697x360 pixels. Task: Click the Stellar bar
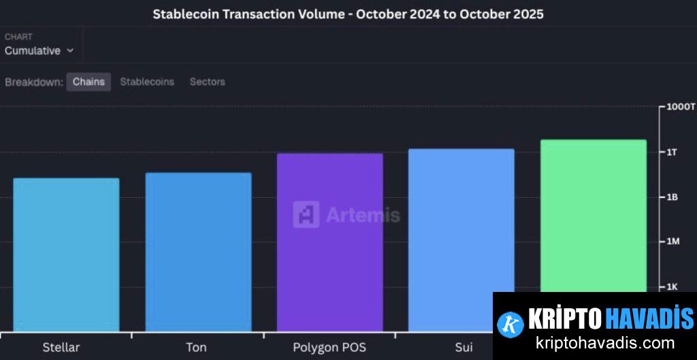click(66, 255)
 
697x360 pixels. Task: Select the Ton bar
click(198, 252)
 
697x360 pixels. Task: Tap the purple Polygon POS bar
click(329, 242)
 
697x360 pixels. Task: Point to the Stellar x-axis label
click(61, 347)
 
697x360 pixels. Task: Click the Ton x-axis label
click(196, 347)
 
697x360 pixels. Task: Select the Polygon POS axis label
click(329, 347)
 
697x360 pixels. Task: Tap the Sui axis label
click(464, 347)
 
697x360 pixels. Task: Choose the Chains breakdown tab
click(88, 82)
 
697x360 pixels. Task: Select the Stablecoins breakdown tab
click(147, 82)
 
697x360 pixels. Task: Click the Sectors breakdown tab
click(207, 82)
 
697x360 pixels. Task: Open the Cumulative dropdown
click(39, 50)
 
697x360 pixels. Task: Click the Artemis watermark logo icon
click(306, 214)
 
